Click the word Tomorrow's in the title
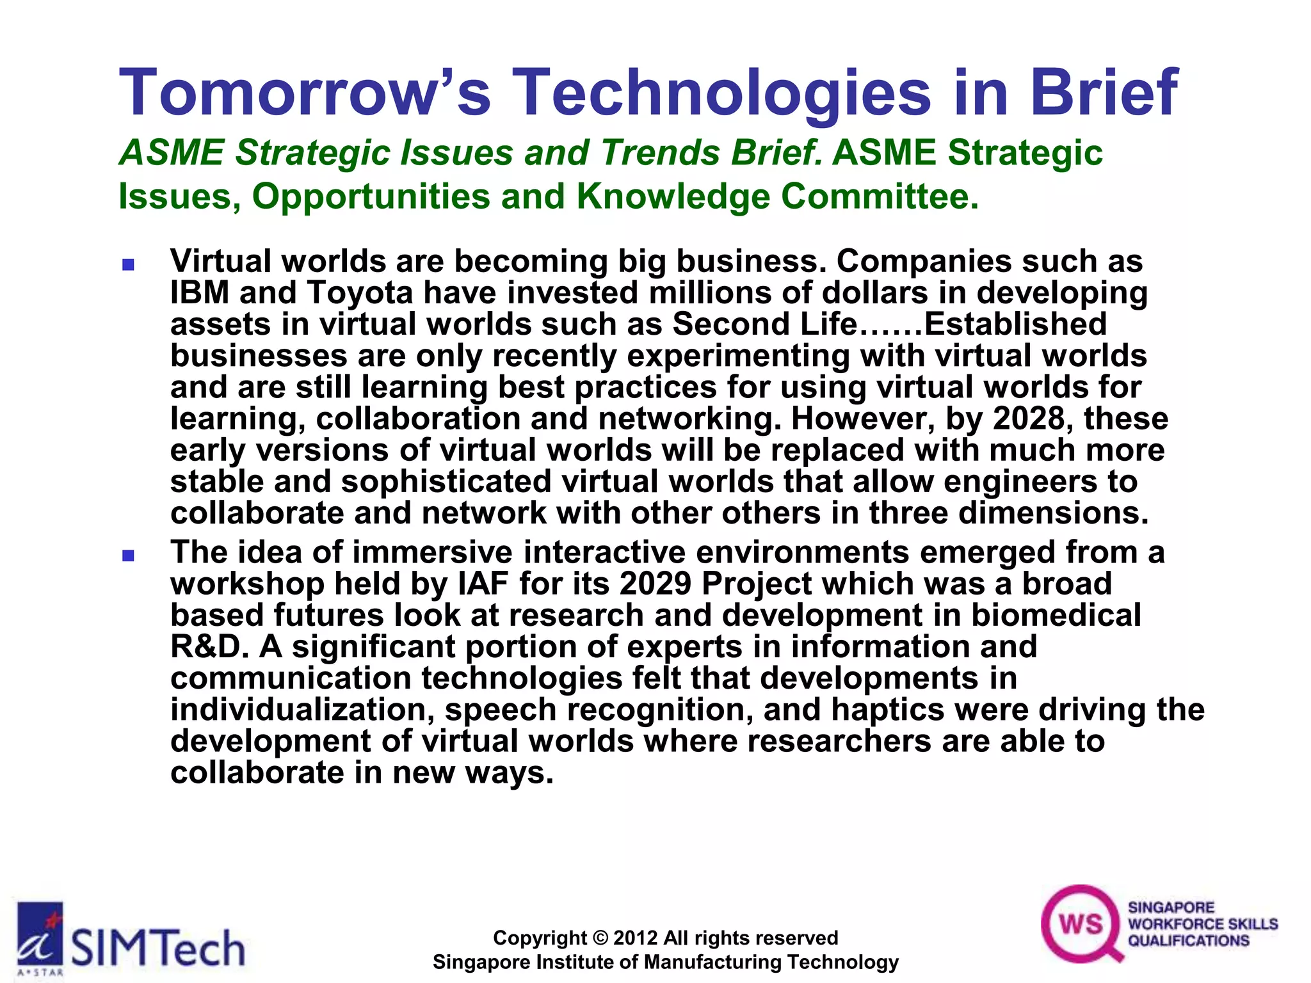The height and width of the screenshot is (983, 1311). click(x=305, y=93)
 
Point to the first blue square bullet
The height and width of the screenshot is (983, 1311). click(x=128, y=264)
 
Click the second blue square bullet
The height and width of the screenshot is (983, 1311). click(x=128, y=555)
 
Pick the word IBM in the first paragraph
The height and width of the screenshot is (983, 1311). click(x=200, y=293)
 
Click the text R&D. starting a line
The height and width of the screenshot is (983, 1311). click(x=209, y=646)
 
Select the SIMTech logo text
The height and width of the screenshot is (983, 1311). click(x=157, y=948)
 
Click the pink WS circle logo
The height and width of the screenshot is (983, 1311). click(x=1081, y=923)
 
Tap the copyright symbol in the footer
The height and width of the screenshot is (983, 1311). click(x=600, y=938)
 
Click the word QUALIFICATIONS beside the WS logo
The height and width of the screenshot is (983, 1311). click(x=1188, y=941)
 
